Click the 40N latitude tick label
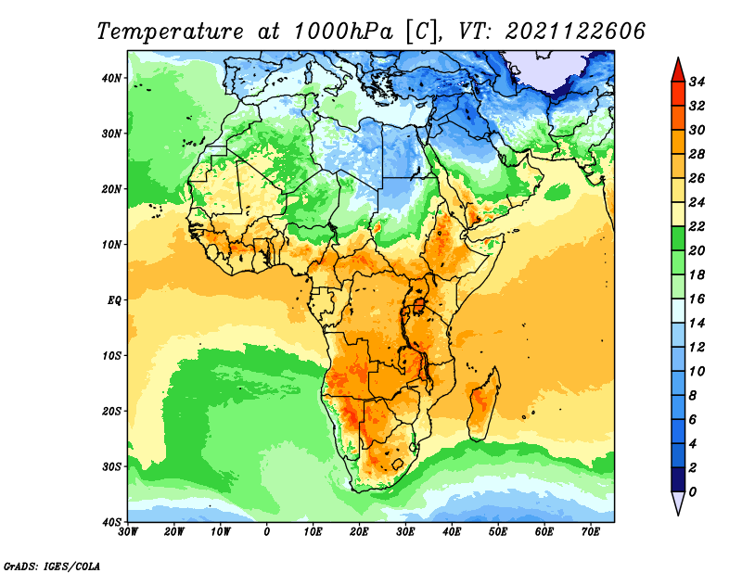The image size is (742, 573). tap(111, 78)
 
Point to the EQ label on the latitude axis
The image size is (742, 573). tap(114, 300)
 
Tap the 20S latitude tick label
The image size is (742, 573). tap(111, 411)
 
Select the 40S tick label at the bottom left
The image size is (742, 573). tap(111, 522)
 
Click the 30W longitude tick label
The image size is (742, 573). tap(128, 532)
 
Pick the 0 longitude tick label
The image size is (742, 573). tap(267, 532)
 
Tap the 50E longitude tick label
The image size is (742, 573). tap(498, 532)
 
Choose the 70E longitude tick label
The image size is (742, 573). tap(591, 532)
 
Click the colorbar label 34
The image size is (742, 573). tap(697, 82)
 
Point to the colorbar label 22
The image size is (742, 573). tap(697, 226)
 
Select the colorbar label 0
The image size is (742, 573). tap(693, 492)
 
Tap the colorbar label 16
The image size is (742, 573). tap(697, 299)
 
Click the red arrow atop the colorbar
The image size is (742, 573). tap(678, 70)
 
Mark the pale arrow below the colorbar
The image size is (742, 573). tap(678, 503)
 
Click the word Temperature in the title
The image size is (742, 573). tap(171, 32)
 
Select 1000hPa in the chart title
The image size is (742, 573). tap(343, 32)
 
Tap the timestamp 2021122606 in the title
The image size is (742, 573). tap(575, 32)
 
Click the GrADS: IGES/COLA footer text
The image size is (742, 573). tap(52, 566)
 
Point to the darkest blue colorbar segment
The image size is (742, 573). tap(678, 479)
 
